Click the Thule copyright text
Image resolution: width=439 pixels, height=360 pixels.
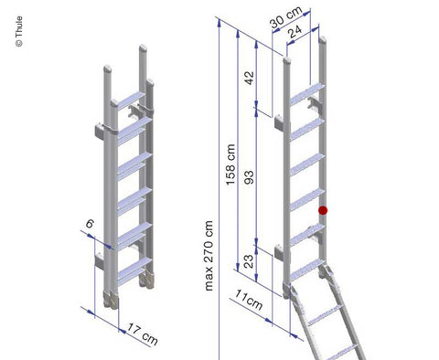click(19, 31)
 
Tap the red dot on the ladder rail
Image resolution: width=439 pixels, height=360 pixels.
click(323, 210)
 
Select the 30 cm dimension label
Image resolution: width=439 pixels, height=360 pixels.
click(286, 17)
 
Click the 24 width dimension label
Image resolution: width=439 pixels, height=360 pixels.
click(295, 31)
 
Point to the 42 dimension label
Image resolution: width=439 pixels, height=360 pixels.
click(250, 78)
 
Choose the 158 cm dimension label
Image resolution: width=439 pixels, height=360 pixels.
click(230, 164)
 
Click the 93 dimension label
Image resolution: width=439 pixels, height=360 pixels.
click(250, 177)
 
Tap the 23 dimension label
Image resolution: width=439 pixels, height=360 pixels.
click(249, 261)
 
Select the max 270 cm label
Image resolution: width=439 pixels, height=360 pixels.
click(209, 256)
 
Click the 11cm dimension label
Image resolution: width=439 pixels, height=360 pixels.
click(249, 300)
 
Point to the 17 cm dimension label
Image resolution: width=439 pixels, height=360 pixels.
click(143, 334)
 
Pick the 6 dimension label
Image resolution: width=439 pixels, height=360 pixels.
click(90, 224)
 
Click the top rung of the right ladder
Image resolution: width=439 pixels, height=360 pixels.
click(306, 94)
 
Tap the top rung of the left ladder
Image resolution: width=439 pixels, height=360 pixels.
click(131, 101)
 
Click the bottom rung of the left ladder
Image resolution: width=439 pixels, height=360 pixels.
click(134, 271)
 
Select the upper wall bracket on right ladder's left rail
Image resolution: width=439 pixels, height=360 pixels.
click(279, 122)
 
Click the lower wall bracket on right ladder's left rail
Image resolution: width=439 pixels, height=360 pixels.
click(279, 251)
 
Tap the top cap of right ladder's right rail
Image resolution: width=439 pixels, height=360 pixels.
click(322, 39)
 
